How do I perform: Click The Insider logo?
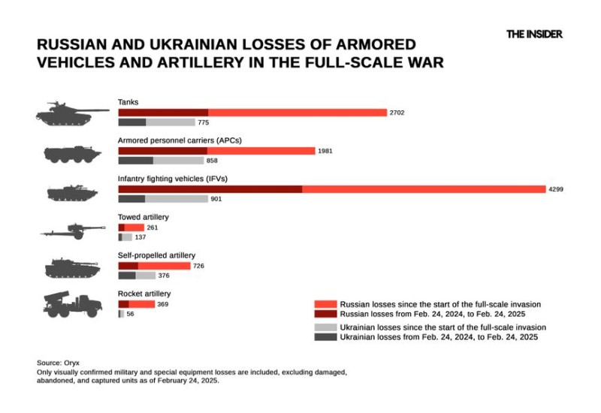[x=533, y=34]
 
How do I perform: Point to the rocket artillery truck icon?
[x=72, y=303]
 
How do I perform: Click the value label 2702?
[x=397, y=113]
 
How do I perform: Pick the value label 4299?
[x=556, y=189]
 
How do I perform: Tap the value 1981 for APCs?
[x=325, y=151]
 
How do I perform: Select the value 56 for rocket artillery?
[x=131, y=314]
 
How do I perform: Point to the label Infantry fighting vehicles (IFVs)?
[x=172, y=179]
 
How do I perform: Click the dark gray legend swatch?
[x=325, y=338]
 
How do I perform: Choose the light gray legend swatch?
[x=325, y=327]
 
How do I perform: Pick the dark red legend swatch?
[x=325, y=314]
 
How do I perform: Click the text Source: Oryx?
[x=58, y=363]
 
